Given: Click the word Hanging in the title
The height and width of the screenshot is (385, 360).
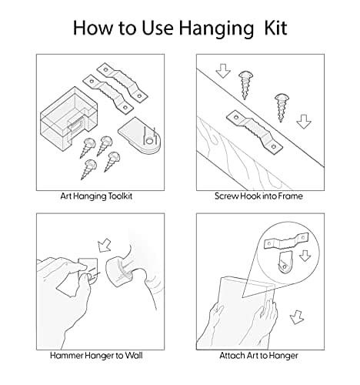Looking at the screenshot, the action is (x=216, y=28).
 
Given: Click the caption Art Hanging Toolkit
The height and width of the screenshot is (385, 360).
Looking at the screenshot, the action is (x=96, y=196).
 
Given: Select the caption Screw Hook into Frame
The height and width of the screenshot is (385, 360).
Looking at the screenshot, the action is (x=258, y=196).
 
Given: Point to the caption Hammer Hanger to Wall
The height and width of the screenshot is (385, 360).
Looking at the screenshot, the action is (x=96, y=356).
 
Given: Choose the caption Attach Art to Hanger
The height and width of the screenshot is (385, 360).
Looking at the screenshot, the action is (x=258, y=356).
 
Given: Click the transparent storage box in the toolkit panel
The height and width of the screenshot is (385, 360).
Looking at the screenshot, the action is (x=68, y=119).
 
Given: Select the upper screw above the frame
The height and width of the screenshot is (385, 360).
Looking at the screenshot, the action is (x=245, y=85).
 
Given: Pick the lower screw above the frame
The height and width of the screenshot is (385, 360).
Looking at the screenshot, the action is (x=282, y=107).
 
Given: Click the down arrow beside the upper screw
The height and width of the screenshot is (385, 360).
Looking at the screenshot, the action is (x=223, y=71).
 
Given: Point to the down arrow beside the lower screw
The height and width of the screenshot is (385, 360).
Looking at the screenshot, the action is (x=304, y=122).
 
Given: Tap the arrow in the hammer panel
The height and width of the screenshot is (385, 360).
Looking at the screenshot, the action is (x=105, y=245).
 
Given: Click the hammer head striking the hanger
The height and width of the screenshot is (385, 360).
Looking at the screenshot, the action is (x=119, y=272).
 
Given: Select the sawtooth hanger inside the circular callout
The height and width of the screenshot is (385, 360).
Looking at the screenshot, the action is (x=286, y=241).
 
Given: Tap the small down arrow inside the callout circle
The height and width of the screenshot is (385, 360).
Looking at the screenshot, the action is (x=305, y=256).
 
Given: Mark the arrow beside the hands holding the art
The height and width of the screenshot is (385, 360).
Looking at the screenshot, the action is (x=297, y=317).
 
